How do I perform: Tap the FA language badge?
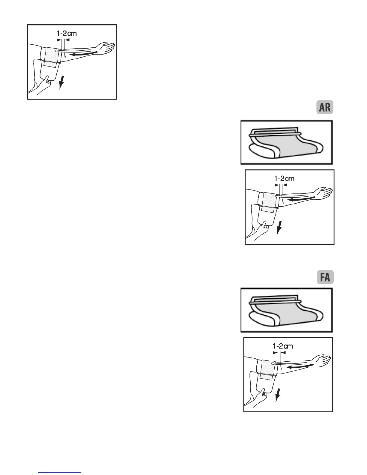[325, 277]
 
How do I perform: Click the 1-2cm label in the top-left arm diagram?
[67, 33]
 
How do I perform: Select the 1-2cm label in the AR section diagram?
[284, 178]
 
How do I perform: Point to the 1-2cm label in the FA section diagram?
[283, 346]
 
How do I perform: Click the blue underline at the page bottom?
[60, 472]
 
